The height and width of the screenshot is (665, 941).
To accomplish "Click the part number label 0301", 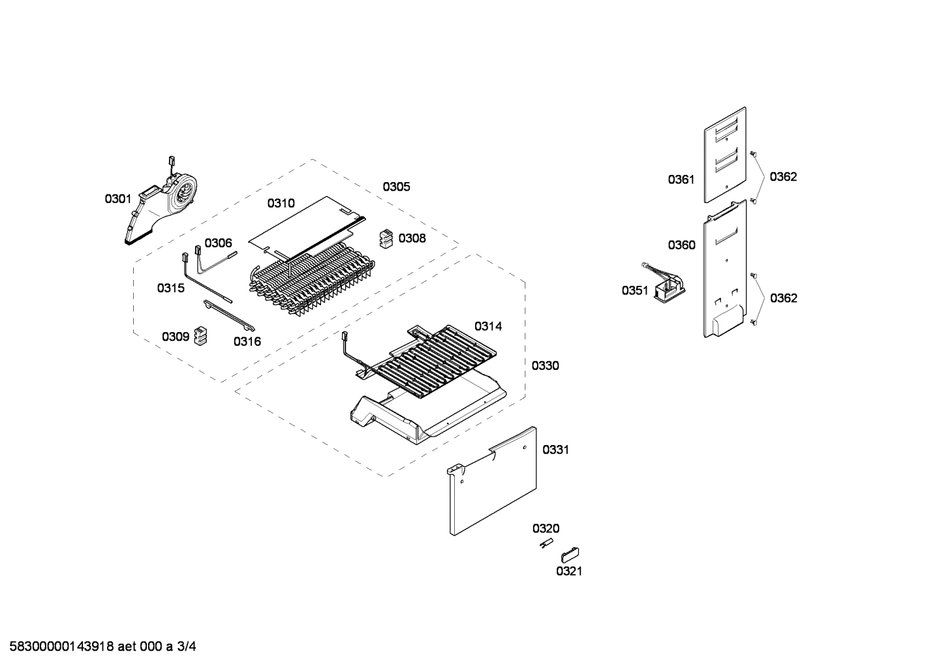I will pos(118,198).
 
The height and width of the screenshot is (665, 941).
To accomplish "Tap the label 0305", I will pos(396,187).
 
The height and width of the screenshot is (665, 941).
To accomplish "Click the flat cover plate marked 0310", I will pos(307,225).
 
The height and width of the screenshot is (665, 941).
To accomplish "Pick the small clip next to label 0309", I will pos(200,336).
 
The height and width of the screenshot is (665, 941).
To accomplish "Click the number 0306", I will pos(218,243).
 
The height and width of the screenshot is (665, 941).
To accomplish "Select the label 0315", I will pos(170,288).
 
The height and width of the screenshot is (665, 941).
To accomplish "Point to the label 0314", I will pos(488,326).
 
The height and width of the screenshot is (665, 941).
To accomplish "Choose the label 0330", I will pos(545,366).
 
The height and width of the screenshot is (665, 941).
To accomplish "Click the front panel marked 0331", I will pos(493,483).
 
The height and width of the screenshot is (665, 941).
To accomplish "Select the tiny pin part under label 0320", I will pos(545,544).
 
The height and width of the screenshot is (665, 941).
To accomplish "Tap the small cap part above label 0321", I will pos(569,555).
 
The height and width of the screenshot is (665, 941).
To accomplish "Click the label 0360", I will pos(681,245).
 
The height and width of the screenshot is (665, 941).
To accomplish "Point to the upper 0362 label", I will pos(783,177).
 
